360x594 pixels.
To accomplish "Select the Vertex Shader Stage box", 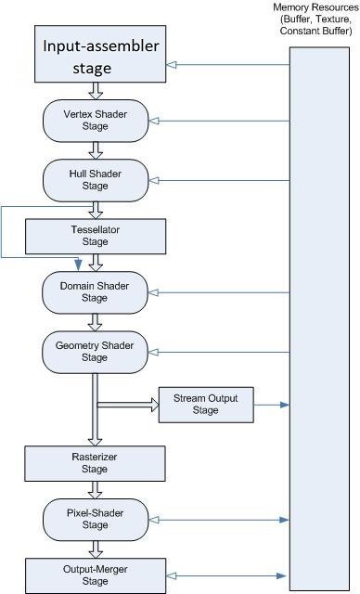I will pyautogui.click(x=95, y=120).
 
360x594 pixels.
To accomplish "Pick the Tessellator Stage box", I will pyautogui.click(x=95, y=236).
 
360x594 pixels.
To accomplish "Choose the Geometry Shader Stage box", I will pyautogui.click(x=95, y=351).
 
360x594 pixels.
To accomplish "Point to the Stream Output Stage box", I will pyautogui.click(x=205, y=405).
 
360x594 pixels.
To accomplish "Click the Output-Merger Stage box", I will pyautogui.click(x=95, y=575).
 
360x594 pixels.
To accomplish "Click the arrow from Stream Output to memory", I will pyautogui.click(x=271, y=405).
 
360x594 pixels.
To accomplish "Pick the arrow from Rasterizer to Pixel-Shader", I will pyautogui.click(x=95, y=490).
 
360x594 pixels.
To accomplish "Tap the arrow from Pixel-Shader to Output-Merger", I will pyautogui.click(x=95, y=548).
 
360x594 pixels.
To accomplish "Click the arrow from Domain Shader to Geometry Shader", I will pyautogui.click(x=95, y=322).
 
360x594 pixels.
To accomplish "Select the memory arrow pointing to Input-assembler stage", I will pyautogui.click(x=227, y=64).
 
